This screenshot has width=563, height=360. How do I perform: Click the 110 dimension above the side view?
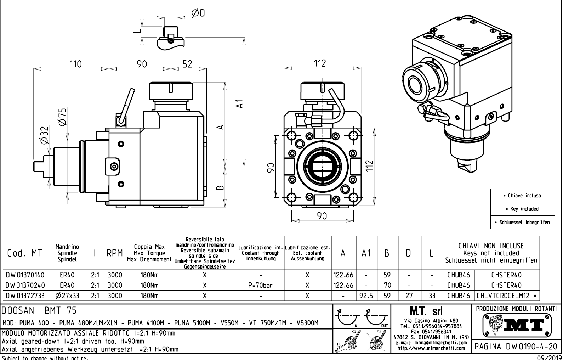[75, 64]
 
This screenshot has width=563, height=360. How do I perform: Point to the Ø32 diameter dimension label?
[44, 136]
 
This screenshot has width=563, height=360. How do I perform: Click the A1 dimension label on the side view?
[240, 103]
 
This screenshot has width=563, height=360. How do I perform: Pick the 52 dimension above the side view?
[187, 64]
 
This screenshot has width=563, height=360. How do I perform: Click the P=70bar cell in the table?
[261, 285]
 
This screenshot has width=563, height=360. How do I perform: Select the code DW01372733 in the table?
[25, 296]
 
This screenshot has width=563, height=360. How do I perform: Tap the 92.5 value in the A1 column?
[366, 296]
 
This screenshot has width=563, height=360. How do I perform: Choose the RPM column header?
[115, 253]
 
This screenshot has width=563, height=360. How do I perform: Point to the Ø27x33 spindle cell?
[67, 296]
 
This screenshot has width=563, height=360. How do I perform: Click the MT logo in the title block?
[517, 324]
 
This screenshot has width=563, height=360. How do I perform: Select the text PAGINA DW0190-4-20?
[517, 346]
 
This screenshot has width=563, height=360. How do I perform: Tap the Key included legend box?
[522, 209]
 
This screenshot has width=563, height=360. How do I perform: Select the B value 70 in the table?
[387, 285]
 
